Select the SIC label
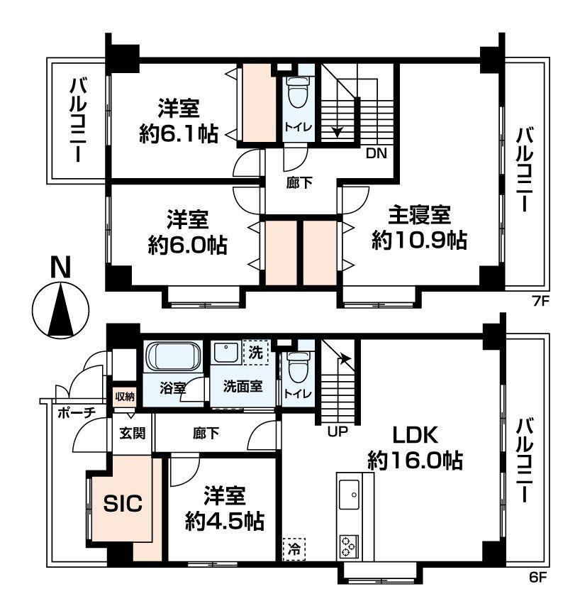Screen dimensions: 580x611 coord(123,503)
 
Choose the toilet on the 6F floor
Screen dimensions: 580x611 coord(297,369)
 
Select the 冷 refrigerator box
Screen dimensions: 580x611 coord(293,549)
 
